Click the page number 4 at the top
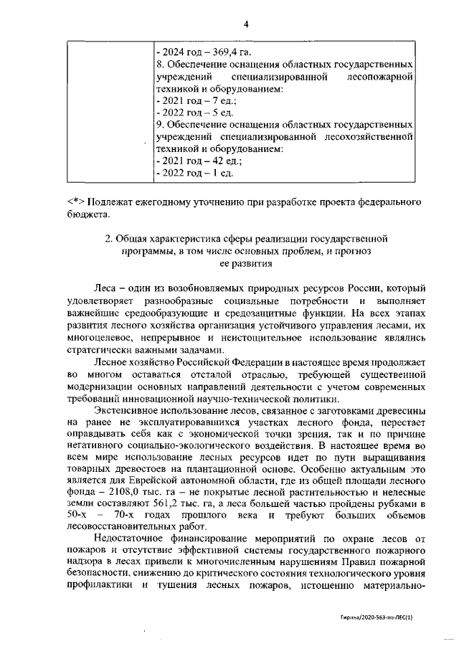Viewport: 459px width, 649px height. [245, 24]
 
